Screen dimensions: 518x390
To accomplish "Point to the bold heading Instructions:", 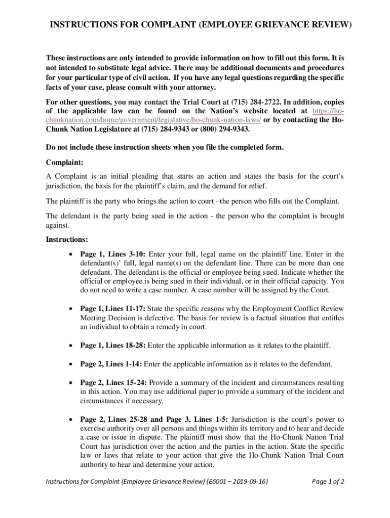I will (67, 239).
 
